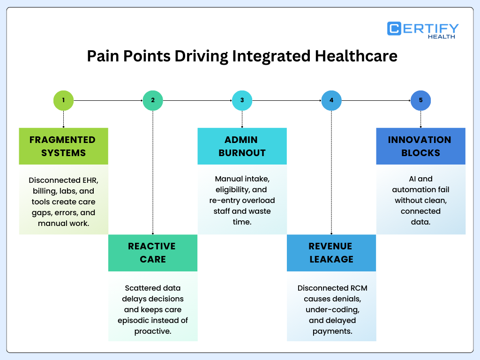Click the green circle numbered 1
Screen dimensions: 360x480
coord(63,100)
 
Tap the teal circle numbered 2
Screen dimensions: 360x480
coord(153,100)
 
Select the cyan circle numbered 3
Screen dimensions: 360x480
coord(242,100)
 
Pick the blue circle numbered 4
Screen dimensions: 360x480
coord(331,100)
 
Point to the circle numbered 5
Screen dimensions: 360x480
coord(420,100)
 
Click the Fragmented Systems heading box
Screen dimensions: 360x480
coord(63,146)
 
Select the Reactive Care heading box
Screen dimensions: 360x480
coord(153,253)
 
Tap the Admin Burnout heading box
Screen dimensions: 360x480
coord(242,146)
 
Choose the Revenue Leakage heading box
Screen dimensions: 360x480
coord(331,253)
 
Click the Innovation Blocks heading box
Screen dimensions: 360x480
coord(420,146)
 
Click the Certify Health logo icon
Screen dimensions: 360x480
coord(394,29)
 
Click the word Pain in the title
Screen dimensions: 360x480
coord(101,56)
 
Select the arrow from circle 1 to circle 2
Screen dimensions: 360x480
coord(108,100)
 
